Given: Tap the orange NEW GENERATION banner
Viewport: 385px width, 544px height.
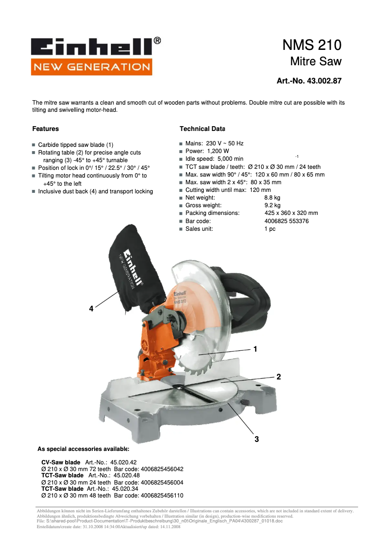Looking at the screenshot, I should coord(91,67).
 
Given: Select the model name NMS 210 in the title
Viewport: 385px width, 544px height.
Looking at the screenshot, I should coord(312,45).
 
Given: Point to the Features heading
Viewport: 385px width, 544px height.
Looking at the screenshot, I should coord(46,129).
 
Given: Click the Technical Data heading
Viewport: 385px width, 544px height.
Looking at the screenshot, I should coord(202,129).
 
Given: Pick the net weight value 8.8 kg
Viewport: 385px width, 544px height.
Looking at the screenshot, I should coord(272,198).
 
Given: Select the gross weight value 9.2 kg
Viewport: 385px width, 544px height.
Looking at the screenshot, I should coord(272,205).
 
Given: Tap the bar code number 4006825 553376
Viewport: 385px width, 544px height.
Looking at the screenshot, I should coord(287,221).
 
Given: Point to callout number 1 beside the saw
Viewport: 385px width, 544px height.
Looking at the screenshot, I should coord(255,349).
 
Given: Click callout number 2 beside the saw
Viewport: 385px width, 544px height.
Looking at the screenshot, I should coord(278,377).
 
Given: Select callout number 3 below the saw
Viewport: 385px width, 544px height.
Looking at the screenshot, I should coord(257,439).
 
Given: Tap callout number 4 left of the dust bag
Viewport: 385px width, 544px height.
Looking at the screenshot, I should coord(91,309).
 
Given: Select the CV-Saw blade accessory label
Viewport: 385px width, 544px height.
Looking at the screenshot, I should coord(61,462).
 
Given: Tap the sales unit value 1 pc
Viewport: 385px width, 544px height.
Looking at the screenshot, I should coord(270,229).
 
